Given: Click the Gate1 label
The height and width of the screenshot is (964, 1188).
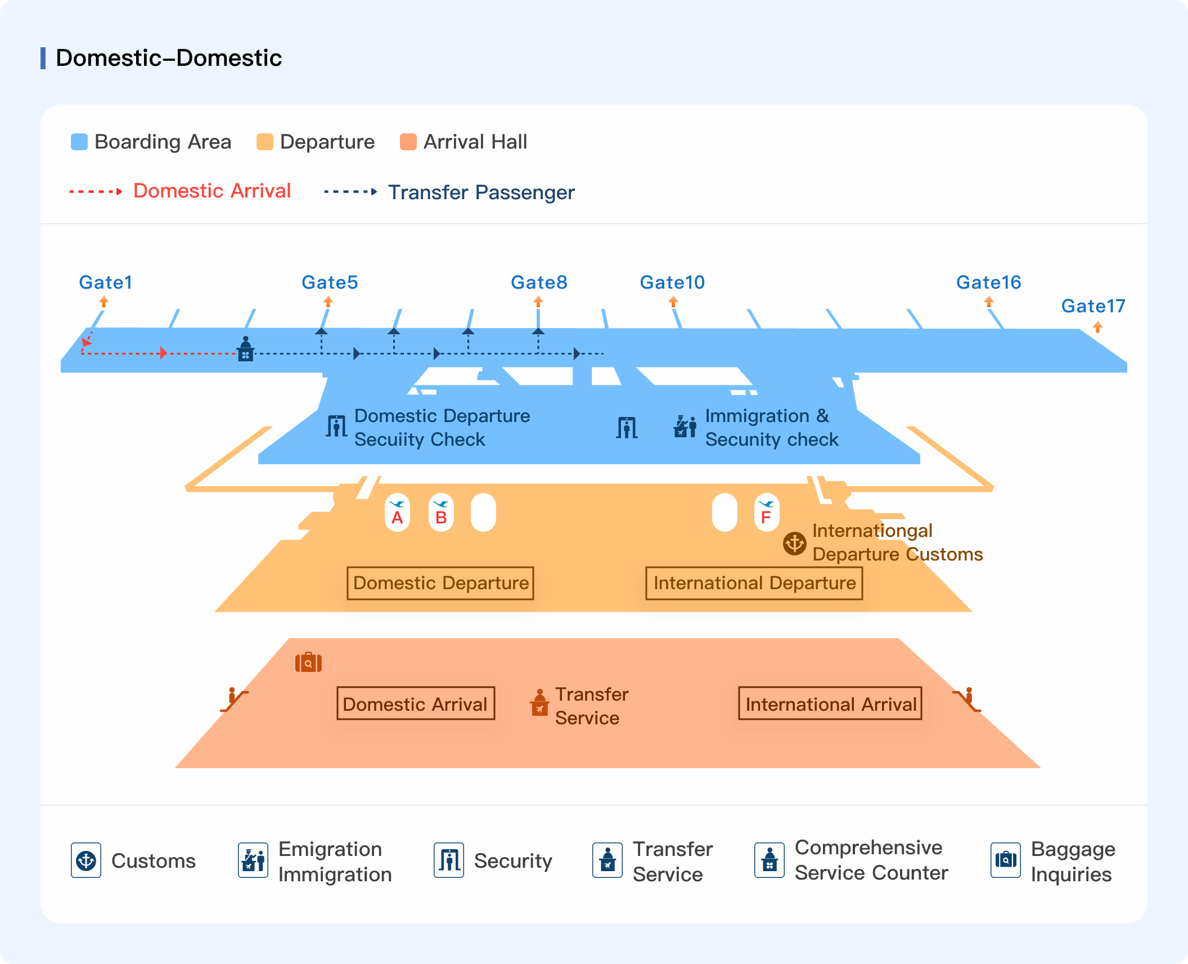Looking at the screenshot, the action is pos(105,282).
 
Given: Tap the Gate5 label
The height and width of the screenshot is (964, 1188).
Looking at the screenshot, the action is pos(330,282).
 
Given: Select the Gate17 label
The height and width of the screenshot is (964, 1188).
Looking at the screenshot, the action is pos(1093,306).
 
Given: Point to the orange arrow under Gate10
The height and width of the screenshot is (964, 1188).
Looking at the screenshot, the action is pos(673,302).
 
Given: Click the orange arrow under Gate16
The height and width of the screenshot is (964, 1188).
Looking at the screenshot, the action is pos(989,302).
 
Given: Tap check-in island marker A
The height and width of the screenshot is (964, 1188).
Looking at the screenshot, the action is pos(397,512).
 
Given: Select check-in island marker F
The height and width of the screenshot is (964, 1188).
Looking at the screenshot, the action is pos(766,512).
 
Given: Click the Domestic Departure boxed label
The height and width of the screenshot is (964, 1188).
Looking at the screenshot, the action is pos(440,583).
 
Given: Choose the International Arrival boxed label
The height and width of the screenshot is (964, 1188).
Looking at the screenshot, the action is pos(830,703).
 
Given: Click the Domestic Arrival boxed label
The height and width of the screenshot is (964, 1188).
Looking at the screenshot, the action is pos(416,703).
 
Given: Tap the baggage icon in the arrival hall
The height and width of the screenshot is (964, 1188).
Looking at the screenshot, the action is pos(308,662).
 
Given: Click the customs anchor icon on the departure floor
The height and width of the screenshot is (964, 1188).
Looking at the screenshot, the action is pos(794,544).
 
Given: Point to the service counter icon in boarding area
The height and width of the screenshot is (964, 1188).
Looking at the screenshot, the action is pos(245,348).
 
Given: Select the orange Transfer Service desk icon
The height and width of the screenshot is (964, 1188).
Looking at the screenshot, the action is pos(539,702).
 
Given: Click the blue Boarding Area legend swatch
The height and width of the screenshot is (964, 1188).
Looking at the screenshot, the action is pos(79,142).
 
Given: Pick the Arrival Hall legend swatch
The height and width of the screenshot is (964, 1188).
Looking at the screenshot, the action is pos(408,142).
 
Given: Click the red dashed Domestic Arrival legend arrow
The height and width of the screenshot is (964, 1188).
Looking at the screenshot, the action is pos(96,191).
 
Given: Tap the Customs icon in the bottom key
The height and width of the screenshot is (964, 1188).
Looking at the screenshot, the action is pos(86,860).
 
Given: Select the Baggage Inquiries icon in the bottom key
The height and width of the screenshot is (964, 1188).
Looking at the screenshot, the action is pos(1005,860).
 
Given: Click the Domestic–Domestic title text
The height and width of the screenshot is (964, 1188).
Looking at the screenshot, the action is pos(169,58).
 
